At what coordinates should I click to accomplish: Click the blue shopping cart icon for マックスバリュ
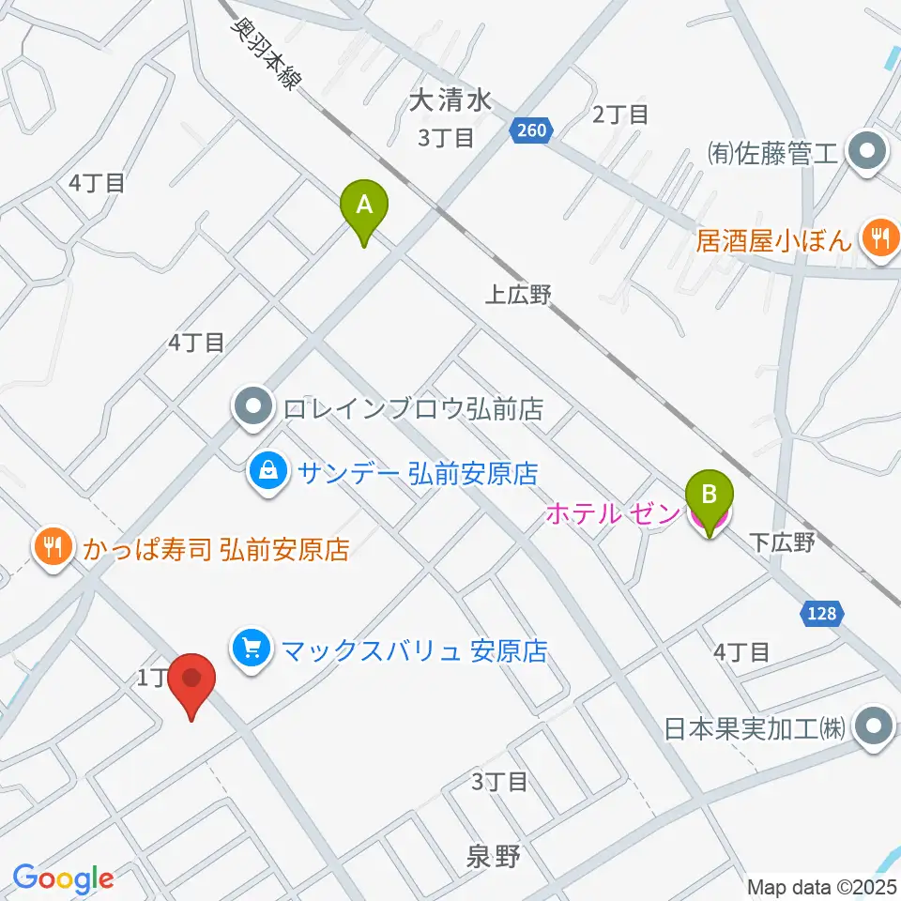coord(252,649)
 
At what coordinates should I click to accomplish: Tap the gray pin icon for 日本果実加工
coord(876,726)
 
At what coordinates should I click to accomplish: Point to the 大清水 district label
coord(451,100)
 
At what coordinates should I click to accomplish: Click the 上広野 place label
coord(518,296)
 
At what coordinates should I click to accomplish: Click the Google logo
coord(63,878)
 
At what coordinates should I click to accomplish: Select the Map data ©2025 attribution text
coord(821,886)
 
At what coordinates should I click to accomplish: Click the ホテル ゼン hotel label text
coord(611,514)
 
